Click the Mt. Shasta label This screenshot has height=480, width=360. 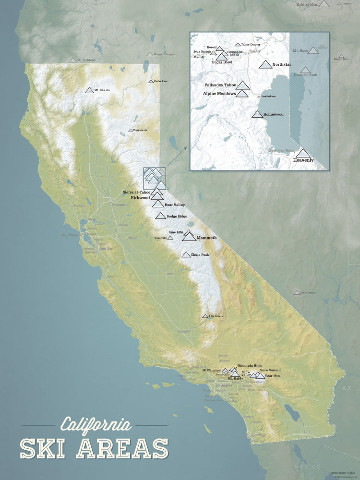click(103, 90)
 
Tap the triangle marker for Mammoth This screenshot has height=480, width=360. click(189, 237)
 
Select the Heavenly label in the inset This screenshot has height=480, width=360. click(303, 160)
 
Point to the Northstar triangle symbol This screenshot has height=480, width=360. click(265, 65)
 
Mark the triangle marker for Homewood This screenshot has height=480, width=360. click(257, 114)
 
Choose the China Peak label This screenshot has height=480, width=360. click(200, 254)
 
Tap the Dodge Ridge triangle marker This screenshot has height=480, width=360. click(160, 216)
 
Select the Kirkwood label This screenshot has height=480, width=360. click(141, 197)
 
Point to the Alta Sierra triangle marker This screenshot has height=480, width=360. click(205, 316)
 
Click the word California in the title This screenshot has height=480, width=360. click(96, 425)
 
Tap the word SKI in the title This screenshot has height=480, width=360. click(46, 448)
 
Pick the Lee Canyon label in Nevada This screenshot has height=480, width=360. click(309, 292)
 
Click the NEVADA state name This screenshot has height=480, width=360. click(262, 185)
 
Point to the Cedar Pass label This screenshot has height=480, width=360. click(161, 81)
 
